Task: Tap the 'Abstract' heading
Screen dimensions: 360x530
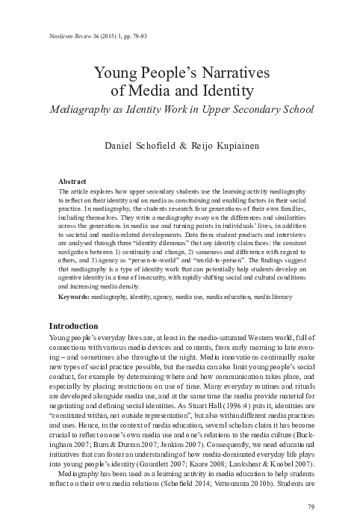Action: tap(72, 182)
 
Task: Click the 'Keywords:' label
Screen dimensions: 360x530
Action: tap(75, 296)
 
